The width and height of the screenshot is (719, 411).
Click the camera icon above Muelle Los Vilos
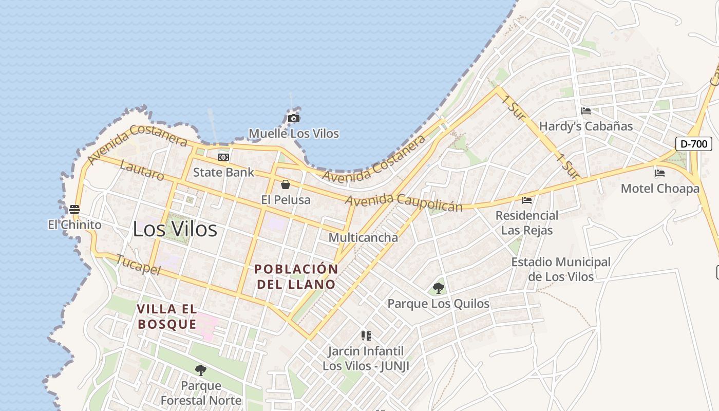pos(294,119)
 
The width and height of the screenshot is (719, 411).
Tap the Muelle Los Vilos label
pos(294,134)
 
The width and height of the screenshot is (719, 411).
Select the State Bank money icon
pos(223,157)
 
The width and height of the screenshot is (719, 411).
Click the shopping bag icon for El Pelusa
pos(286,184)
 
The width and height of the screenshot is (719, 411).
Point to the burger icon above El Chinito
pos(74,210)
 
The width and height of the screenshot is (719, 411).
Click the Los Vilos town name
pos(175,229)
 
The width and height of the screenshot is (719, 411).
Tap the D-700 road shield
pos(693,144)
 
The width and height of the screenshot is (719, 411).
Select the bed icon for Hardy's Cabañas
pos(585,111)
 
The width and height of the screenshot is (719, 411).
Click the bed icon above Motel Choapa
pos(660,173)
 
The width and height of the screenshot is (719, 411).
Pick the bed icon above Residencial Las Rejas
pos(527,200)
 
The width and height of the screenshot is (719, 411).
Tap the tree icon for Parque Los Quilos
pos(438,288)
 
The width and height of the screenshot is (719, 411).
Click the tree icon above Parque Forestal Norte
pos(201,370)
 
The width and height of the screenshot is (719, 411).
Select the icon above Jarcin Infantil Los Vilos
pos(366,336)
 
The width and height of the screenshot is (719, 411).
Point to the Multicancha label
pos(363,238)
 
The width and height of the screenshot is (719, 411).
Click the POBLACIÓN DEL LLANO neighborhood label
pos(296,276)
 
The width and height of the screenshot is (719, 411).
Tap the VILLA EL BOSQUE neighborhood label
pos(167,316)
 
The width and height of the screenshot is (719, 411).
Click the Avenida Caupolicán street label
pos(404,202)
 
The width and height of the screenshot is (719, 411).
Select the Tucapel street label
pos(138,265)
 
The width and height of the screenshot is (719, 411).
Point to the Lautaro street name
pos(142,170)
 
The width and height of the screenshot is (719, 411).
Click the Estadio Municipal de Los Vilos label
pos(561,269)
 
